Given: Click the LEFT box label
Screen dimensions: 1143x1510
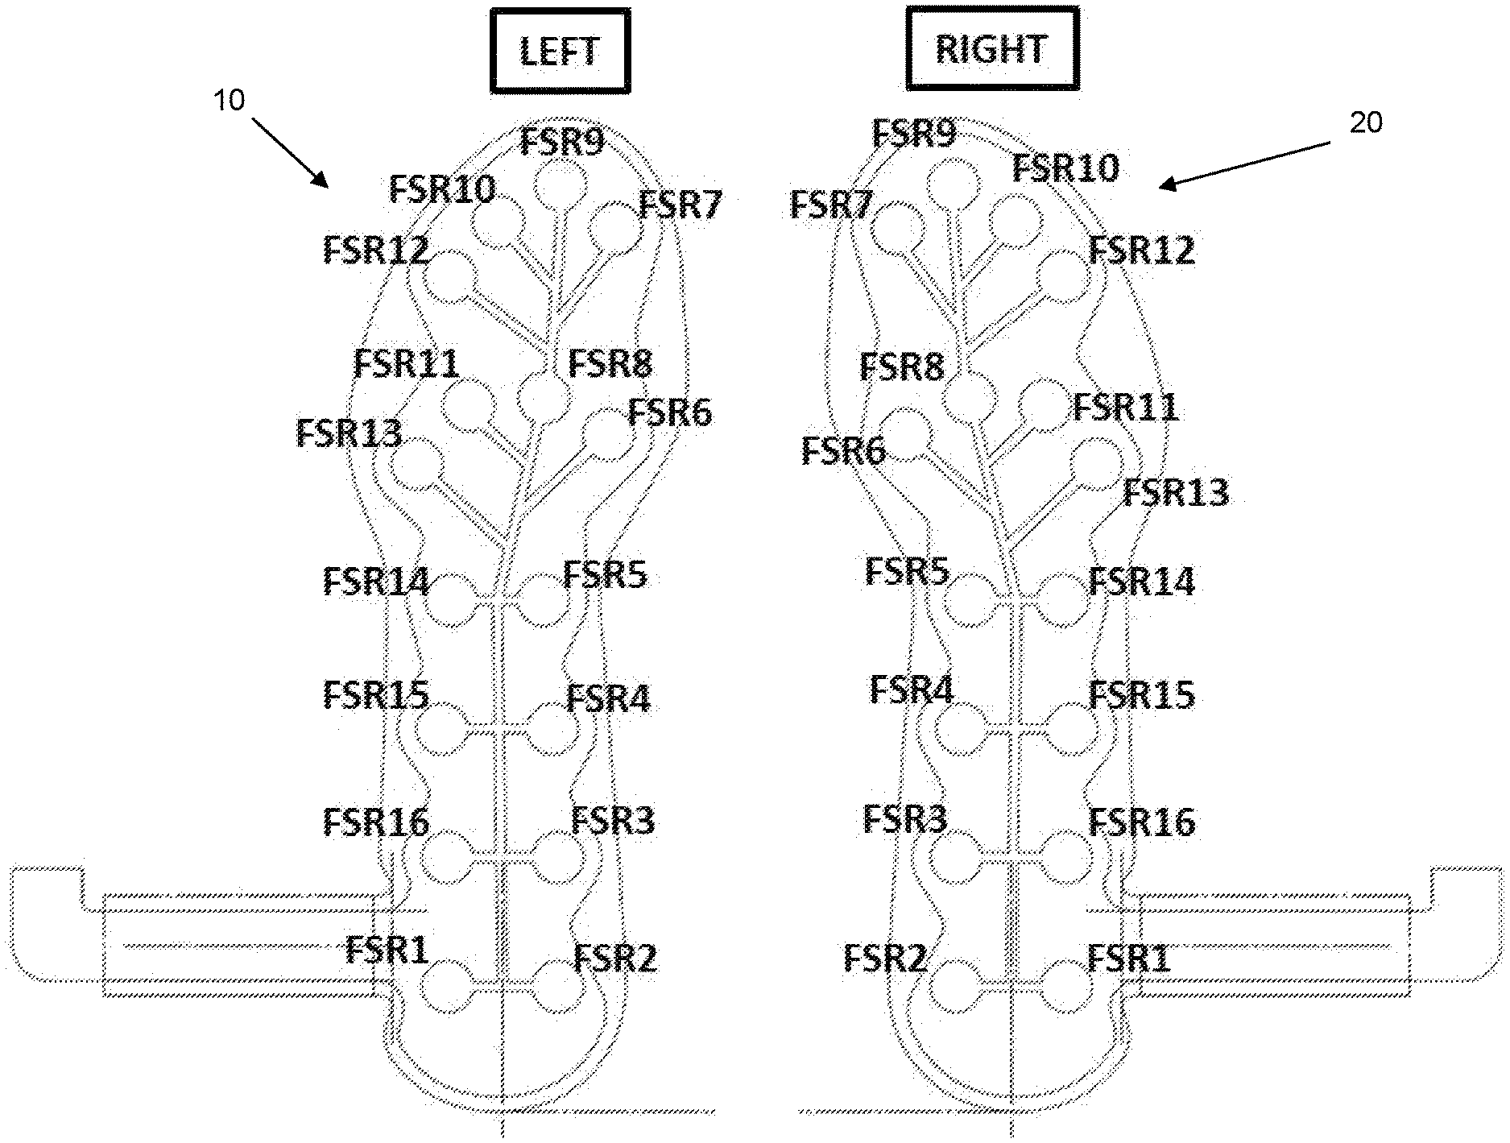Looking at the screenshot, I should point(560,52).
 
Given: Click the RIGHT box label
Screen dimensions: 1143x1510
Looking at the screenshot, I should point(991,48).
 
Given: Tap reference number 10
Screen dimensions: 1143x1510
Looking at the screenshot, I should point(229,102).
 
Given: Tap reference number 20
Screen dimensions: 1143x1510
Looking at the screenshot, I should point(1365,122).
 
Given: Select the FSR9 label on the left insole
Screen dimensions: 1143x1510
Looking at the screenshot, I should point(561,142).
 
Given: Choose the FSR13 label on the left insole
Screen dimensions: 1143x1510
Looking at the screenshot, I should point(349,433).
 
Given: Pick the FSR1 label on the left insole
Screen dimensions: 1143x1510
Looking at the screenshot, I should point(387,950).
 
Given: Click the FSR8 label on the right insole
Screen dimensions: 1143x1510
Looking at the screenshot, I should point(901,367).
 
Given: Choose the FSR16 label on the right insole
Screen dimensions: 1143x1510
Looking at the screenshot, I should point(1142,822).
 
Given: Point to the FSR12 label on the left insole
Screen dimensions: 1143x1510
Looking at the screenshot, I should point(375,250).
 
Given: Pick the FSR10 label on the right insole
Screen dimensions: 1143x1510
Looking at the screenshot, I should point(1065,168).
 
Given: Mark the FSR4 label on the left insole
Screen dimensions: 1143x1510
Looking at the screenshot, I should point(608,698).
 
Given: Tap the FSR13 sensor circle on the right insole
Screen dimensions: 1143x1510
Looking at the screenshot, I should point(1096,465).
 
